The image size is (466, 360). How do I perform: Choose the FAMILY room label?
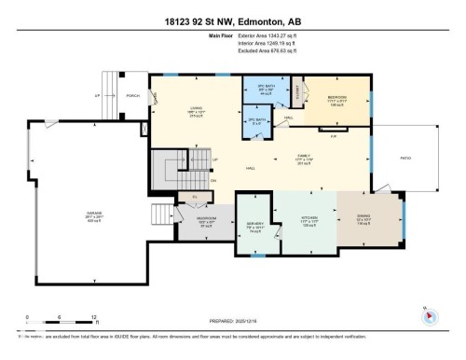point(303,156)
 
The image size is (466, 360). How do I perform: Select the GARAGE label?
point(93,213)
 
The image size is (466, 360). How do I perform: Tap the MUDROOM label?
point(208,220)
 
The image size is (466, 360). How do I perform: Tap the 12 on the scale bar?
point(93,315)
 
